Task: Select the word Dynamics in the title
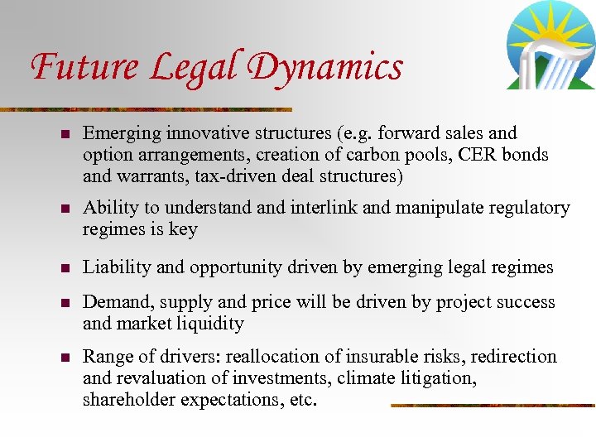(327, 66)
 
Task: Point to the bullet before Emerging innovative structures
(64, 133)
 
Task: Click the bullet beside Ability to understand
(64, 209)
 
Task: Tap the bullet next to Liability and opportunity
(64, 267)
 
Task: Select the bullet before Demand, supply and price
(64, 303)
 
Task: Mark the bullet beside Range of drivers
(64, 358)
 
